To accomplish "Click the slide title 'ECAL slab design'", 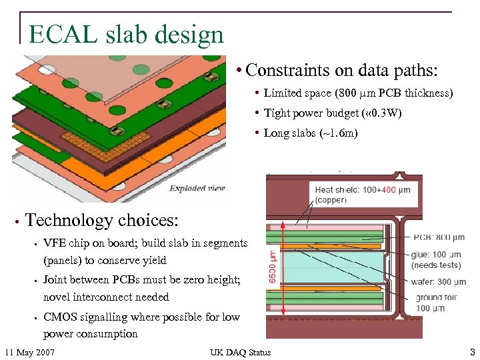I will [126, 34].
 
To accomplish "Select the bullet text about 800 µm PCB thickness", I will [358, 93].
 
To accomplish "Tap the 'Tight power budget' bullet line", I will [332, 113].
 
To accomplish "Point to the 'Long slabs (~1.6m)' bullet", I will [311, 133].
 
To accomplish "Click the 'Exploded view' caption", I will [196, 189].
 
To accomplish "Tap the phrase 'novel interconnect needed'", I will [106, 297].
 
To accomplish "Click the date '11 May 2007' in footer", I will [29, 352].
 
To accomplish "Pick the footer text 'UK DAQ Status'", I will [240, 352].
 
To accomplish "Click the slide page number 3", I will [472, 352].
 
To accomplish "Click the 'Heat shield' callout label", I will [337, 190].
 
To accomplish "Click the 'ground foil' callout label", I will [439, 297].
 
